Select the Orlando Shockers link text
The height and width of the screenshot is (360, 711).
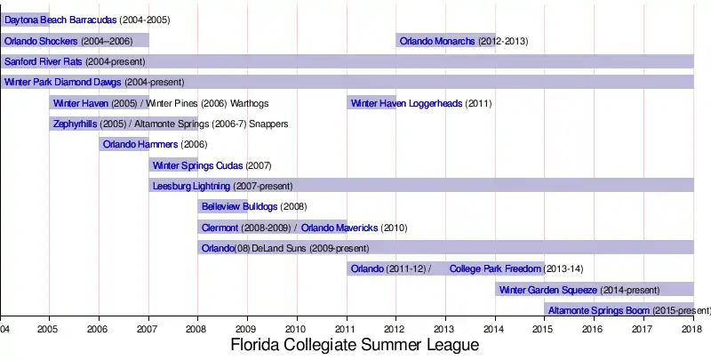coord(41,41)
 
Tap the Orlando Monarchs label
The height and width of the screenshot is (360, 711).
coord(437,41)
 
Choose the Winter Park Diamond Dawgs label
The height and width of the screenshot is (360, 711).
coord(62,83)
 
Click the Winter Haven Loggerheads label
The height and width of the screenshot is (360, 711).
coord(407,103)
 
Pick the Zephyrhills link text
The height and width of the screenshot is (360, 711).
coord(76,124)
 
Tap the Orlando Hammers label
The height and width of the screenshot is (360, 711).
coord(140,144)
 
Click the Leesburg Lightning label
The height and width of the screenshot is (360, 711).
coord(191,186)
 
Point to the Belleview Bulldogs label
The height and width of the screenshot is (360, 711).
coord(239,207)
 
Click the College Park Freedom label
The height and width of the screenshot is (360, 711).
coord(495,268)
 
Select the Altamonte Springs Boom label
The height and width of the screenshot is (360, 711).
coord(599,310)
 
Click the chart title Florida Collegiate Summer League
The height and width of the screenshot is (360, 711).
coord(355,344)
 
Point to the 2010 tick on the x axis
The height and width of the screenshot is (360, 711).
coord(297,327)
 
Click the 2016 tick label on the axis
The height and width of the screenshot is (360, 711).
coord(594,327)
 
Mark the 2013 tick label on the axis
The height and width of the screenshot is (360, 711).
coord(445,327)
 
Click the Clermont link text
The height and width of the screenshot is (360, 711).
coord(220,228)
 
